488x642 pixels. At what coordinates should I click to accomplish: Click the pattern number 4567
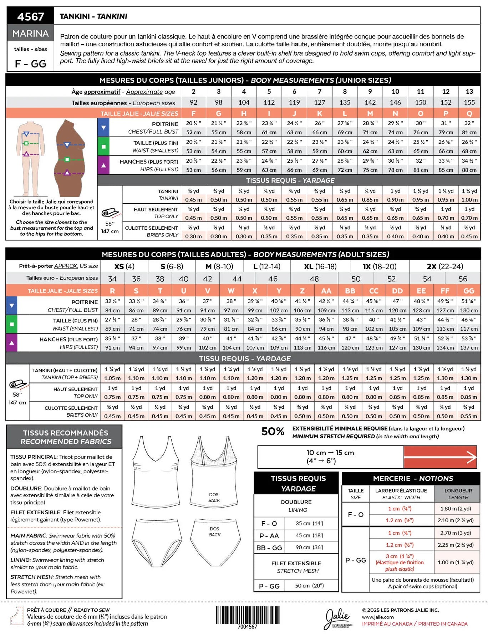click(x=30, y=16)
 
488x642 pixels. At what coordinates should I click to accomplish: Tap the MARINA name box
click(x=30, y=34)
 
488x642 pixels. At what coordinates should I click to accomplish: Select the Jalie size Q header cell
click(x=469, y=113)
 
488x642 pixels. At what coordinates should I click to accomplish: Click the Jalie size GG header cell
click(x=469, y=291)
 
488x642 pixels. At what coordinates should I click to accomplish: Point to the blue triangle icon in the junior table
click(x=103, y=127)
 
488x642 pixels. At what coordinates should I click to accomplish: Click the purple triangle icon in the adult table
click(x=12, y=342)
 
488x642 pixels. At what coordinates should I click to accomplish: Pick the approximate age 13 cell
click(x=469, y=91)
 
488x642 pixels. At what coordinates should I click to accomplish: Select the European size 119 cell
click(x=294, y=102)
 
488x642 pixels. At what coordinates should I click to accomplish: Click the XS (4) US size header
click(x=124, y=266)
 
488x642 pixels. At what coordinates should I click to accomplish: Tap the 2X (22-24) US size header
click(x=445, y=266)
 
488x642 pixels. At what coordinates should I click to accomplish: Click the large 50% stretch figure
click(x=273, y=432)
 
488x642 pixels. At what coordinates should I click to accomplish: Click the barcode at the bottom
click(x=247, y=615)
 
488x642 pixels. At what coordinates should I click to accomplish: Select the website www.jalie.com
click(x=378, y=617)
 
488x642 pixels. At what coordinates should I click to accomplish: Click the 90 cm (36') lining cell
click(x=309, y=547)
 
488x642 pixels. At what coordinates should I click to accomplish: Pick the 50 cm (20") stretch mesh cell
click(x=309, y=586)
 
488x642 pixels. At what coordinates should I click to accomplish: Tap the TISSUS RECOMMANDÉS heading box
click(x=65, y=437)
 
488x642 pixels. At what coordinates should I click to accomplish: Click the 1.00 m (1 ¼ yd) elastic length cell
click(x=456, y=562)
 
